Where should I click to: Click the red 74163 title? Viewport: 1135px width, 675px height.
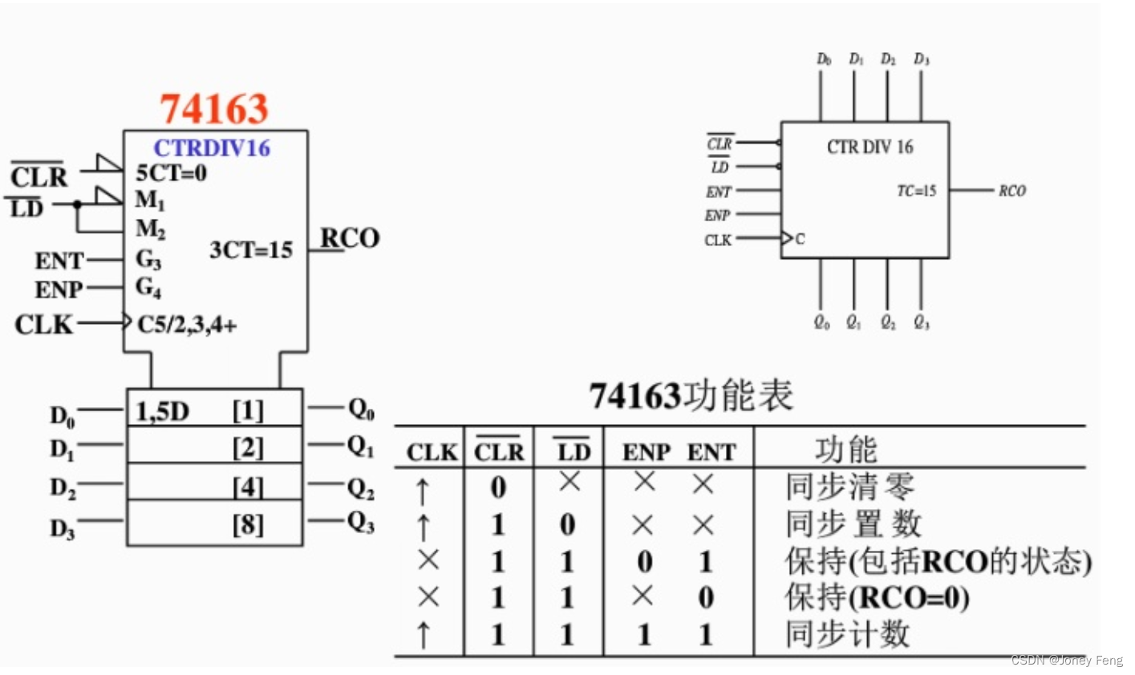click(x=213, y=109)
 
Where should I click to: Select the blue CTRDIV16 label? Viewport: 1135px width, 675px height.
click(x=212, y=148)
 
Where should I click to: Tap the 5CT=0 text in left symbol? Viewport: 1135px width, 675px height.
click(x=171, y=172)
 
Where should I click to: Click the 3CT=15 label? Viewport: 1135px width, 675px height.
click(x=251, y=250)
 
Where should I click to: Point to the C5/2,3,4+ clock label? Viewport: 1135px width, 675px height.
click(x=187, y=325)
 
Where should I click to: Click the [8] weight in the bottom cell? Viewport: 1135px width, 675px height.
click(x=247, y=524)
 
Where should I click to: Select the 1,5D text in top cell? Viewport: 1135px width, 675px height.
click(x=162, y=411)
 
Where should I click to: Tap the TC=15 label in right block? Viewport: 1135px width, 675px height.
click(x=916, y=191)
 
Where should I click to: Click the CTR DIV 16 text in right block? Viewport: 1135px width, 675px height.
click(x=869, y=147)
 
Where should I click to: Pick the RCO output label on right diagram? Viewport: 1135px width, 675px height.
click(x=1011, y=191)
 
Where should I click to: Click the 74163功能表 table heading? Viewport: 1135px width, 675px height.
click(x=691, y=396)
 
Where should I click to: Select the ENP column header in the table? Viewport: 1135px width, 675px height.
click(x=647, y=453)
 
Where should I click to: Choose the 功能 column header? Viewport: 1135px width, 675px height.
click(x=846, y=450)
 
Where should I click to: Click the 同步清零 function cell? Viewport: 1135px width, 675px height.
click(x=849, y=487)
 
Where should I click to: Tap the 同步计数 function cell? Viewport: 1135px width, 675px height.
click(x=847, y=634)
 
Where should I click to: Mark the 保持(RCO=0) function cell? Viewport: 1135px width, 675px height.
click(x=877, y=597)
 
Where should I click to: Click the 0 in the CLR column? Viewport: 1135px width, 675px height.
click(x=498, y=487)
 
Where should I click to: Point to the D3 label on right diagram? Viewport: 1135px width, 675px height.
click(x=922, y=59)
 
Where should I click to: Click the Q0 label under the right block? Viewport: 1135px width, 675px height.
click(x=821, y=322)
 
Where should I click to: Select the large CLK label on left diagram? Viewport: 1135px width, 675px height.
click(x=43, y=325)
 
